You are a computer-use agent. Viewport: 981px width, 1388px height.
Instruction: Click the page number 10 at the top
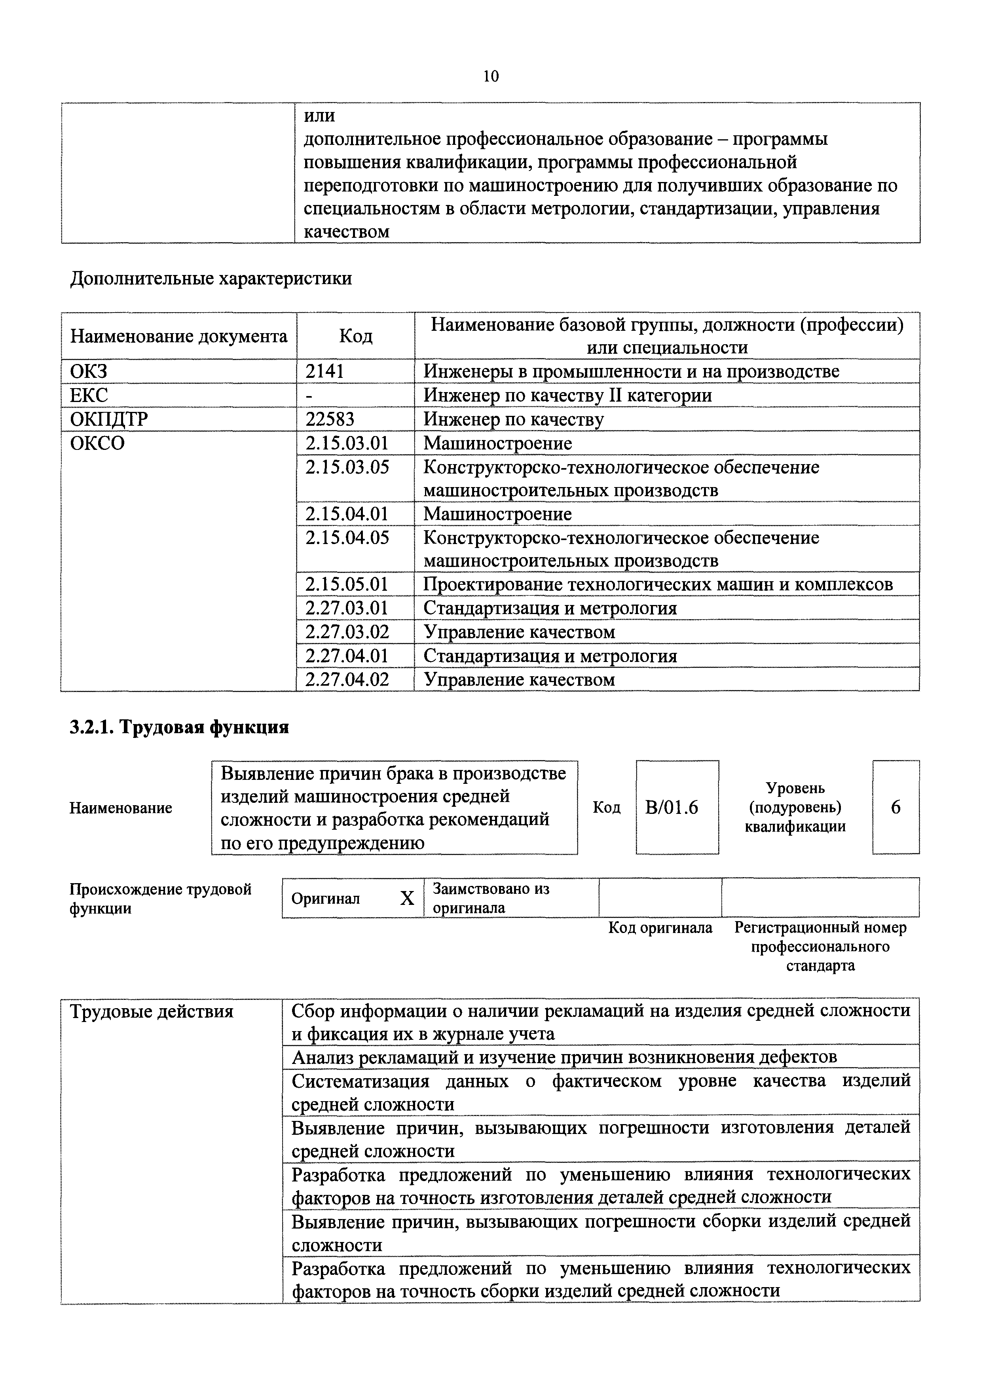[491, 77]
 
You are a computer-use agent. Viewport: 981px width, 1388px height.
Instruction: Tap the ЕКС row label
[89, 395]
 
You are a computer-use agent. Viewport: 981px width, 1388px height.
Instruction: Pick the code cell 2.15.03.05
[347, 467]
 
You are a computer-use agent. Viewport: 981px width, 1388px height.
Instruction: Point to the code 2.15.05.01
[347, 584]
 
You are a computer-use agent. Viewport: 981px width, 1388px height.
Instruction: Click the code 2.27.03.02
[347, 632]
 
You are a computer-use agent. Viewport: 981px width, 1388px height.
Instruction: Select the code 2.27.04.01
[347, 656]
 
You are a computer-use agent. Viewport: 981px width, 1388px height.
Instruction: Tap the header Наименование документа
[178, 336]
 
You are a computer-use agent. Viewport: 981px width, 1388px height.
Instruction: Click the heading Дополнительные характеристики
[211, 279]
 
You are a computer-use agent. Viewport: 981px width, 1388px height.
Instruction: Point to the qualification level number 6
[896, 808]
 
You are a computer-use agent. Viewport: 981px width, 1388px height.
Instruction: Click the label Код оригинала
[660, 928]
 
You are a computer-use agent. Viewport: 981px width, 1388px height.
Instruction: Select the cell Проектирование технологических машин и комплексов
[658, 584]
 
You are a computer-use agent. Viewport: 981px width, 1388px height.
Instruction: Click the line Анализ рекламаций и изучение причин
[564, 1057]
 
